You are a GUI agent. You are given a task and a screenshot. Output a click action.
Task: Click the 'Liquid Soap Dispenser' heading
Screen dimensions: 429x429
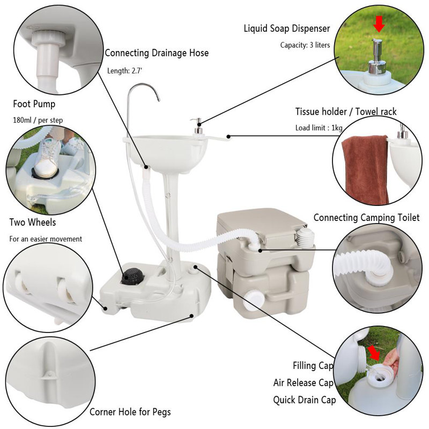tap(287, 28)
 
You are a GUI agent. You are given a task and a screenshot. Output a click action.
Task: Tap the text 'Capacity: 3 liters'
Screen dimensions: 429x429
tap(305, 45)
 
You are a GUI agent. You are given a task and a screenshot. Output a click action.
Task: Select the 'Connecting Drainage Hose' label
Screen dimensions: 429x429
tap(157, 53)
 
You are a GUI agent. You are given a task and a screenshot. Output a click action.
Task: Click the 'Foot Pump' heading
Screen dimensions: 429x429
tap(34, 104)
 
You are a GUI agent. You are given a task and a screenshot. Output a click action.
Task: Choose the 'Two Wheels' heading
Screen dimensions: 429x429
tap(33, 222)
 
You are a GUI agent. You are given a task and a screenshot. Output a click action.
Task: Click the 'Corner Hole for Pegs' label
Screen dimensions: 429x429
tap(130, 412)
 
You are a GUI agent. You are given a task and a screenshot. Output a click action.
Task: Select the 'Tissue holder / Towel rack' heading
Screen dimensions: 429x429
tap(346, 112)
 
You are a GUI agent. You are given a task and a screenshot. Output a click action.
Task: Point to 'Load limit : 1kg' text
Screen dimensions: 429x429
tap(319, 128)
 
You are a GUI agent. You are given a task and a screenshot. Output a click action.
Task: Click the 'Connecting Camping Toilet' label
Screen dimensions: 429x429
tap(366, 218)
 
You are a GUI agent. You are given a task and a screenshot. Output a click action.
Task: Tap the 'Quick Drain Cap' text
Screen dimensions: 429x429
tap(305, 400)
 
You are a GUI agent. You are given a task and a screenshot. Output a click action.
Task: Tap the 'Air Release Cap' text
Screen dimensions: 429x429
tap(304, 383)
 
